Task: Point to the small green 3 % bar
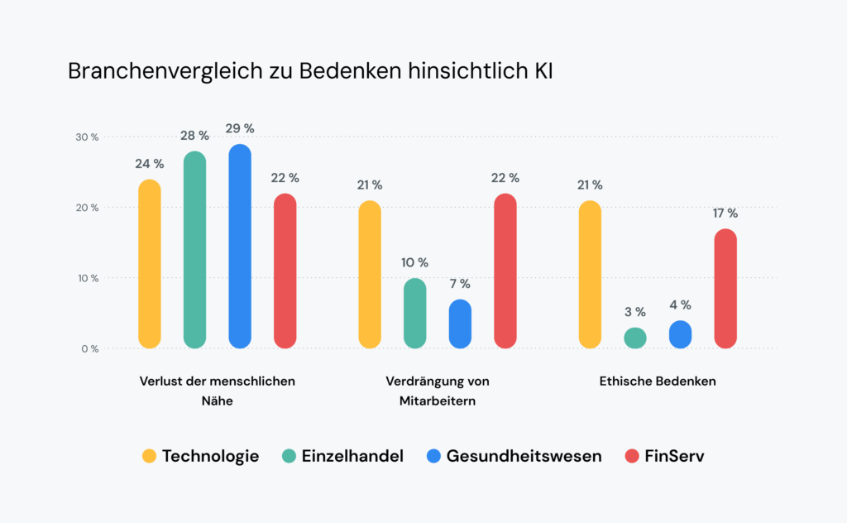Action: click(x=635, y=338)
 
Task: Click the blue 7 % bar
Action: click(x=460, y=324)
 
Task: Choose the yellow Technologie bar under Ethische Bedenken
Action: click(x=591, y=274)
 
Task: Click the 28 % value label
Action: click(x=194, y=135)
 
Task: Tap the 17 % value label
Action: click(x=725, y=213)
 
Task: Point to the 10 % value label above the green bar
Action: click(x=415, y=262)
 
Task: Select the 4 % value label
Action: click(x=680, y=305)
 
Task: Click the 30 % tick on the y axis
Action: click(x=89, y=137)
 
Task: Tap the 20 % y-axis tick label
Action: click(x=89, y=208)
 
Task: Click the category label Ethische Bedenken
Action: click(x=658, y=381)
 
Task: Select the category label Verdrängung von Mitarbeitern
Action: click(x=438, y=391)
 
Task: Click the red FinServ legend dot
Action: click(x=632, y=456)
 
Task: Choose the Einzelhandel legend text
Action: click(x=352, y=456)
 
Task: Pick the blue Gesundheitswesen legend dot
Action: click(x=433, y=456)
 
